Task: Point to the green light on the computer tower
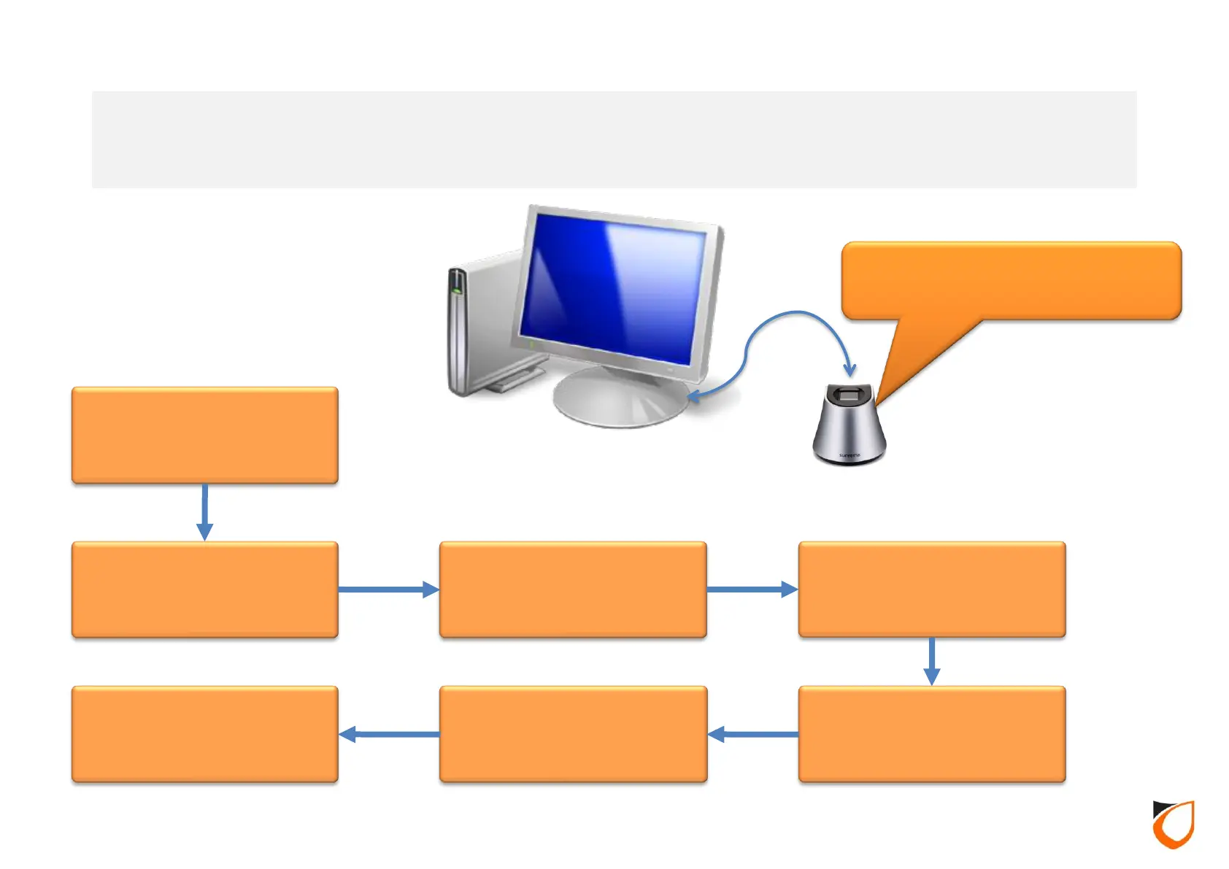point(457,290)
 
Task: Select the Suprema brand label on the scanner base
point(849,455)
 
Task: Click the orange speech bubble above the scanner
point(1011,281)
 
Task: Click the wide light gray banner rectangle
point(614,139)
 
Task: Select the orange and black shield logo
point(1173,824)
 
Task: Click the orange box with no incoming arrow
point(204,435)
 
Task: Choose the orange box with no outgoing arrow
point(204,734)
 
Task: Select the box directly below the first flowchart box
point(204,590)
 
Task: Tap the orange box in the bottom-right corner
point(932,734)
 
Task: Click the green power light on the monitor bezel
point(531,342)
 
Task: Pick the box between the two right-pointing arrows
point(573,590)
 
